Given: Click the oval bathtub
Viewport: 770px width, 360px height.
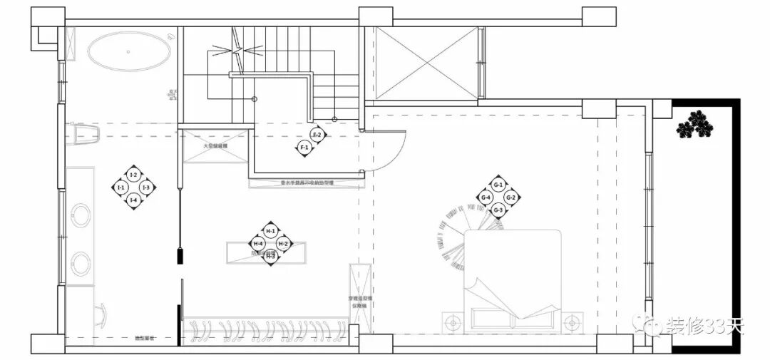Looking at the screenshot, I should point(130,51).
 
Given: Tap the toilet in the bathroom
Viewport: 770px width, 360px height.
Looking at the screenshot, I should point(81,133).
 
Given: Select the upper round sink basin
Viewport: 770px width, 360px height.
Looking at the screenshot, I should point(81,215).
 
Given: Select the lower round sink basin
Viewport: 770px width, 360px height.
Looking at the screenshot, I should point(81,262).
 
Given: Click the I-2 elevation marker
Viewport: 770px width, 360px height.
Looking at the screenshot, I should point(133,175).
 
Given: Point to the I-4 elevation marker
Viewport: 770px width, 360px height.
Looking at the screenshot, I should point(133,200).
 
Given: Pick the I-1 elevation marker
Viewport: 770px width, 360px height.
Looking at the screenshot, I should point(120,187).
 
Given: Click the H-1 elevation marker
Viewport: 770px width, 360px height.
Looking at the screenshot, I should point(270,231).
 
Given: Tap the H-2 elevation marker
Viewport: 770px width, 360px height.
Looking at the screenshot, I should point(283,244).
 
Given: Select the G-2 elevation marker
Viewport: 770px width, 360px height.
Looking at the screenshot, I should point(510,197).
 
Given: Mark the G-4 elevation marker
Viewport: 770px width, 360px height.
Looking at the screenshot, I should point(486,197).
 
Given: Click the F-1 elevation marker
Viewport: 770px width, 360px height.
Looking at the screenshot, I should point(304,148).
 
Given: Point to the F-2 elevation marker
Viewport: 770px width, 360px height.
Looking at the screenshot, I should point(317,135).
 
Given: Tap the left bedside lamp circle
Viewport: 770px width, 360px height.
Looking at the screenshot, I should point(451,323).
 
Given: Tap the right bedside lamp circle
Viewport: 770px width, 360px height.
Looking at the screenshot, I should point(570,323).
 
